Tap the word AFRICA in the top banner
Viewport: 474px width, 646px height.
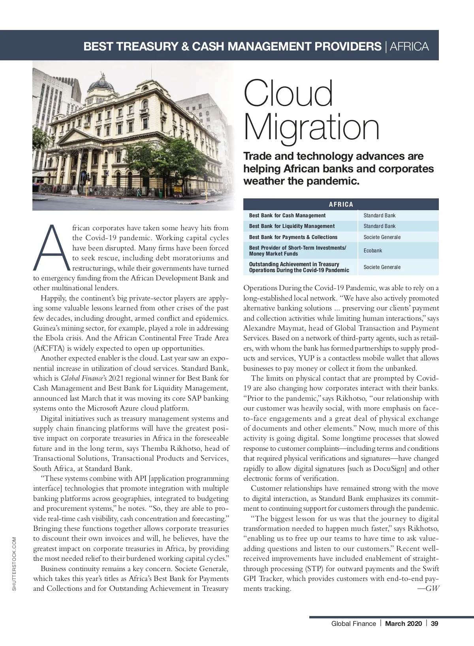pyautogui.click(x=409, y=47)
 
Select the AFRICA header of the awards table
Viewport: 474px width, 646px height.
pyautogui.click(x=341, y=204)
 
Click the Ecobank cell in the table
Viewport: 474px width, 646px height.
pyautogui.click(x=373, y=250)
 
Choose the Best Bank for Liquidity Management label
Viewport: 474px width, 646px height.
pyautogui.click(x=292, y=226)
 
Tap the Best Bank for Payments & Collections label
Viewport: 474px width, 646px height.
pyautogui.click(x=293, y=237)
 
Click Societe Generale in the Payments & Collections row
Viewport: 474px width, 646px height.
pyautogui.click(x=382, y=237)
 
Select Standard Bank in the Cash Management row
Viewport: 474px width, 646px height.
pyautogui.click(x=379, y=215)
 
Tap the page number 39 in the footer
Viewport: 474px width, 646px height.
pyautogui.click(x=434, y=624)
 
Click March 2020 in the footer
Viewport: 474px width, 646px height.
pyautogui.click(x=403, y=624)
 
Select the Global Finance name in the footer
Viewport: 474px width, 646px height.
pyautogui.click(x=354, y=624)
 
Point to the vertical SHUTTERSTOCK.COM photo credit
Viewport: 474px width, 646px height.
pyautogui.click(x=14, y=564)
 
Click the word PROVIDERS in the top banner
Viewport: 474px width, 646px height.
pyautogui.click(x=342, y=47)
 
